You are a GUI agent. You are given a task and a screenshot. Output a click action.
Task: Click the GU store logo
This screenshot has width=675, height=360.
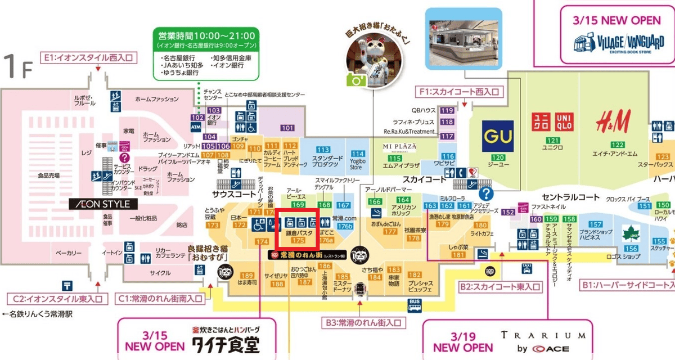(x=498, y=136)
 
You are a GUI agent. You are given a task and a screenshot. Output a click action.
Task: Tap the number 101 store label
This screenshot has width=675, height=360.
(x=287, y=128)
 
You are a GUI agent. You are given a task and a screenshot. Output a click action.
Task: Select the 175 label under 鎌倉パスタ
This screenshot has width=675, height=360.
(x=298, y=241)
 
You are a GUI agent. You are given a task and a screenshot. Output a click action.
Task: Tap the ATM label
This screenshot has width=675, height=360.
(x=196, y=127)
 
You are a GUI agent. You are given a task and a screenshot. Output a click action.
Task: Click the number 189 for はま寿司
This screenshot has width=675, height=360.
(x=247, y=276)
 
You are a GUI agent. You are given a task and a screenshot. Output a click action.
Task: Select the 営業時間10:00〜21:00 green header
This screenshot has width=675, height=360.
(x=206, y=36)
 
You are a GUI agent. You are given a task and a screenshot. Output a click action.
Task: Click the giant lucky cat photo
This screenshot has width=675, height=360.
(x=371, y=62)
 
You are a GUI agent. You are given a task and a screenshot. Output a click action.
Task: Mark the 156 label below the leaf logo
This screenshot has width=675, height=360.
(x=632, y=249)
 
